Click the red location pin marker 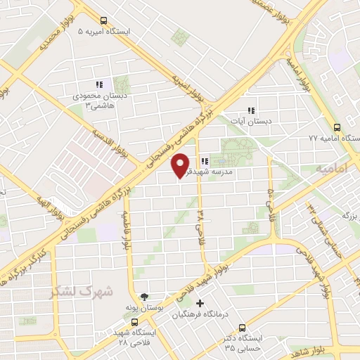(x=181, y=165)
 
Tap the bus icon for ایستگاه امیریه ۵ (x=103, y=20)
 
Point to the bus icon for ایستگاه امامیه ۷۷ (x=337, y=128)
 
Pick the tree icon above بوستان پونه (x=145, y=297)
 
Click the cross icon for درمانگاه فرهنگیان (x=200, y=304)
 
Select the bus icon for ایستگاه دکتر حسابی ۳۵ (x=243, y=327)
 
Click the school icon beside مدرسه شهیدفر (x=204, y=160)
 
